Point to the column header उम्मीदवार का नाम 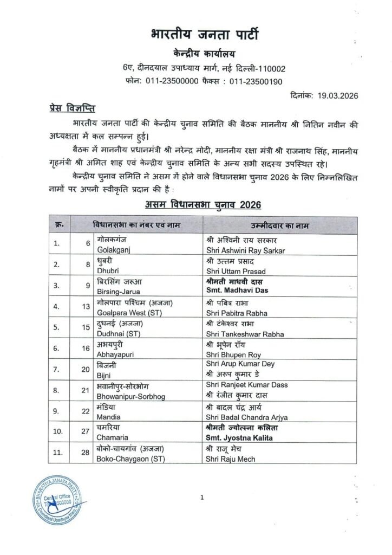pyautogui.click(x=280, y=224)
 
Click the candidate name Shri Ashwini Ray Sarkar pyautogui.click(x=245, y=250)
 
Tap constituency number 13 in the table pyautogui.click(x=86, y=306)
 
